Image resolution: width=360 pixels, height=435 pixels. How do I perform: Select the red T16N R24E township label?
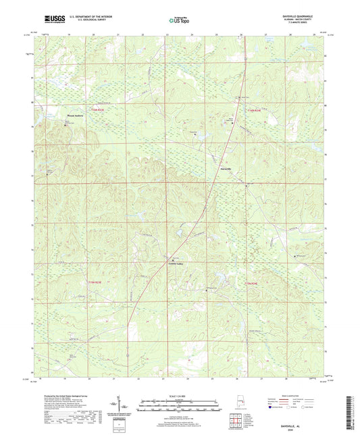click(253, 111)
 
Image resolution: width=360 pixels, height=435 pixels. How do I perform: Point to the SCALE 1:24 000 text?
click(180, 395)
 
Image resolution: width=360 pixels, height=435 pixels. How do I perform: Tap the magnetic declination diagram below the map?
click(126, 407)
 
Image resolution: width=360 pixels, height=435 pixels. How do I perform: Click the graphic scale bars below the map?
click(180, 407)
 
